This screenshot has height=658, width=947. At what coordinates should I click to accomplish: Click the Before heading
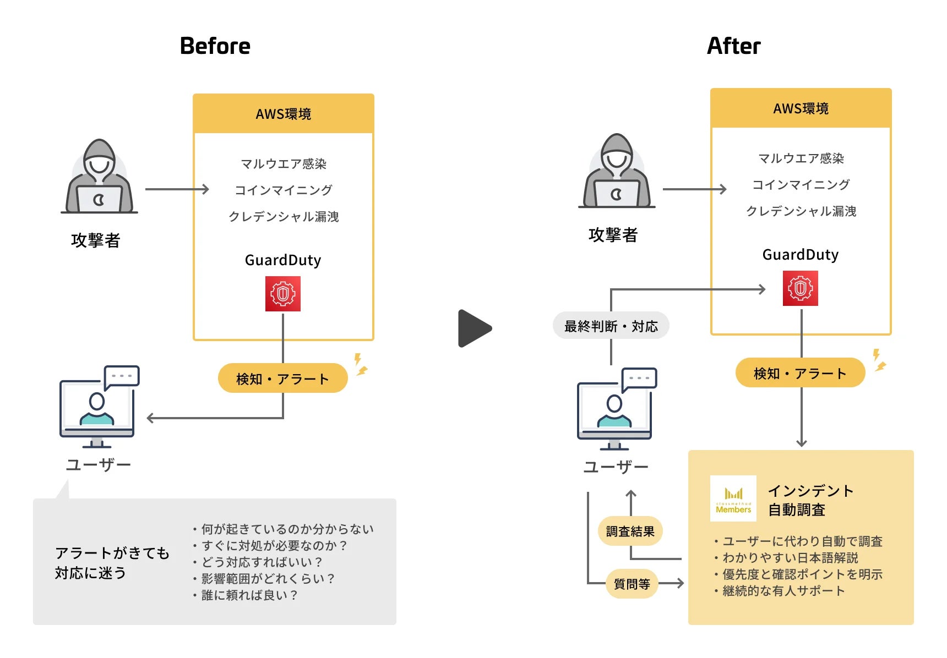point(215,46)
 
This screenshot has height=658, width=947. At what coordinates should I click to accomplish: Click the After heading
point(733,46)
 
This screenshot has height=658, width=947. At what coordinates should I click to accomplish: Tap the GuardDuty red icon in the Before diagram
point(283,294)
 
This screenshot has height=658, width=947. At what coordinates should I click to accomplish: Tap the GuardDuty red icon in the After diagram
point(800,288)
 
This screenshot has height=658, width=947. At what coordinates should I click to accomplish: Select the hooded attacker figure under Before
point(99,177)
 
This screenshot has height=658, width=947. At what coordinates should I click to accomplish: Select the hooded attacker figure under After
point(617,172)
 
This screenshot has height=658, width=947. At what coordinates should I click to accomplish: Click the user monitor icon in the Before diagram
point(98,407)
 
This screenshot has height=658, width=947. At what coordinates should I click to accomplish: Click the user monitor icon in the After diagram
point(616,410)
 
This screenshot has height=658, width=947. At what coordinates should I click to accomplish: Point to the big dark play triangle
point(473,328)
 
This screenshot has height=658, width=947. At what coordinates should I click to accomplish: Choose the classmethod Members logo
point(733,498)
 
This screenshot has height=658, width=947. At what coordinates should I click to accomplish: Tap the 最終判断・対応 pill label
point(611,326)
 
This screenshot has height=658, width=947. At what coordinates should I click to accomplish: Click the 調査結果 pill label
point(630,531)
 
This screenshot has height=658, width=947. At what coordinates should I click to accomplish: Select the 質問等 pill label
point(632,584)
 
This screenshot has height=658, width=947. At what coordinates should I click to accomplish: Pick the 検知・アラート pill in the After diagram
point(800,374)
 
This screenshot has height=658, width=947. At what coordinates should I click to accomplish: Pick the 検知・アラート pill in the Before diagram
point(282,379)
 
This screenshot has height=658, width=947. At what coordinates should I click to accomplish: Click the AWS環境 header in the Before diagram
point(283,114)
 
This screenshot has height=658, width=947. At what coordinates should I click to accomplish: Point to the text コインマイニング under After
point(801,185)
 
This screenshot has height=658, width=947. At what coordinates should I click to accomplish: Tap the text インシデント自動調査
point(810,500)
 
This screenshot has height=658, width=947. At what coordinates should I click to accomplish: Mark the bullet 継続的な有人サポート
point(783,591)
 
